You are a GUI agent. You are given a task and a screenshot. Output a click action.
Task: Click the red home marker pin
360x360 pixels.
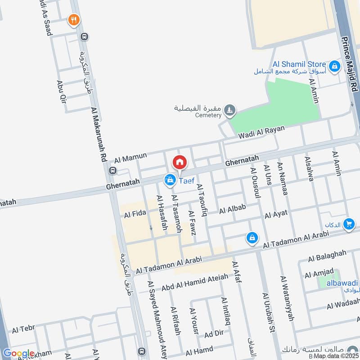180,162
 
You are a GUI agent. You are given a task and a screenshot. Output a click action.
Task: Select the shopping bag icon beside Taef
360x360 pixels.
170,180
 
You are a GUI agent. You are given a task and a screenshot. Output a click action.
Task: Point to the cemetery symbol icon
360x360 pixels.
230,109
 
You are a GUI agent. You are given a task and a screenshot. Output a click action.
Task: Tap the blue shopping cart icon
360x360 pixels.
348,224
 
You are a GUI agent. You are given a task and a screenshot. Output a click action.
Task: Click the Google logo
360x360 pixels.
18,353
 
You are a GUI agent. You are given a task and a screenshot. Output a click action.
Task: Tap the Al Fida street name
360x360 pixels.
135,215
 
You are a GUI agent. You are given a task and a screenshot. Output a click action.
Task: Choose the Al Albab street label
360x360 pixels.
233,209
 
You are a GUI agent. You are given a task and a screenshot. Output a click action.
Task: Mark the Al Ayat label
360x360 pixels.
275,215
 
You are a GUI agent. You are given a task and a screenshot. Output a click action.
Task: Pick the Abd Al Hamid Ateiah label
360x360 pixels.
194,281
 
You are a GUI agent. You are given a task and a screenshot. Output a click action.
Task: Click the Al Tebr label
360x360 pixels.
23,330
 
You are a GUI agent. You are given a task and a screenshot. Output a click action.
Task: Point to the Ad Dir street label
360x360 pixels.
214,334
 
